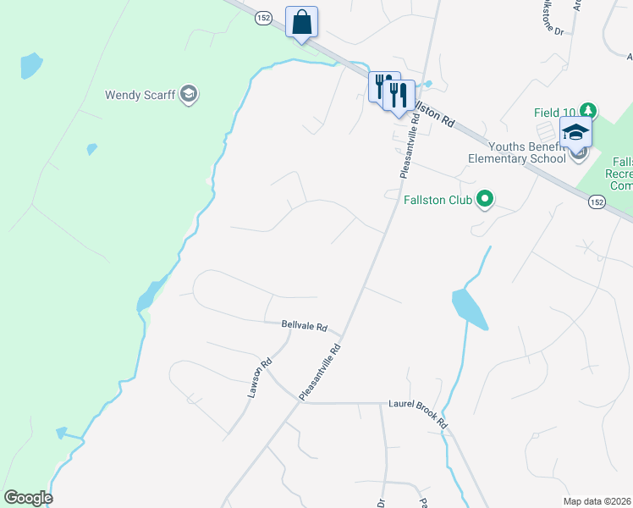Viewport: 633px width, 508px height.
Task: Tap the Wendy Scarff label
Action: click(140, 94)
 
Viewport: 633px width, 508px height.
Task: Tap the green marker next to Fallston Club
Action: click(485, 200)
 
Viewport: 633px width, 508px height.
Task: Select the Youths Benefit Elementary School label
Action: click(517, 151)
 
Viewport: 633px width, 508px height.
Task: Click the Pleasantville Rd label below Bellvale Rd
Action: click(319, 372)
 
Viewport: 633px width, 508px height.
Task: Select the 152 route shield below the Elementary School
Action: click(597, 202)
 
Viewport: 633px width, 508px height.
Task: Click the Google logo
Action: click(28, 498)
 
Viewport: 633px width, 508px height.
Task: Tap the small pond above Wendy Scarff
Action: click(30, 63)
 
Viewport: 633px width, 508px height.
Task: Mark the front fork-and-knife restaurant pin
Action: click(398, 94)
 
